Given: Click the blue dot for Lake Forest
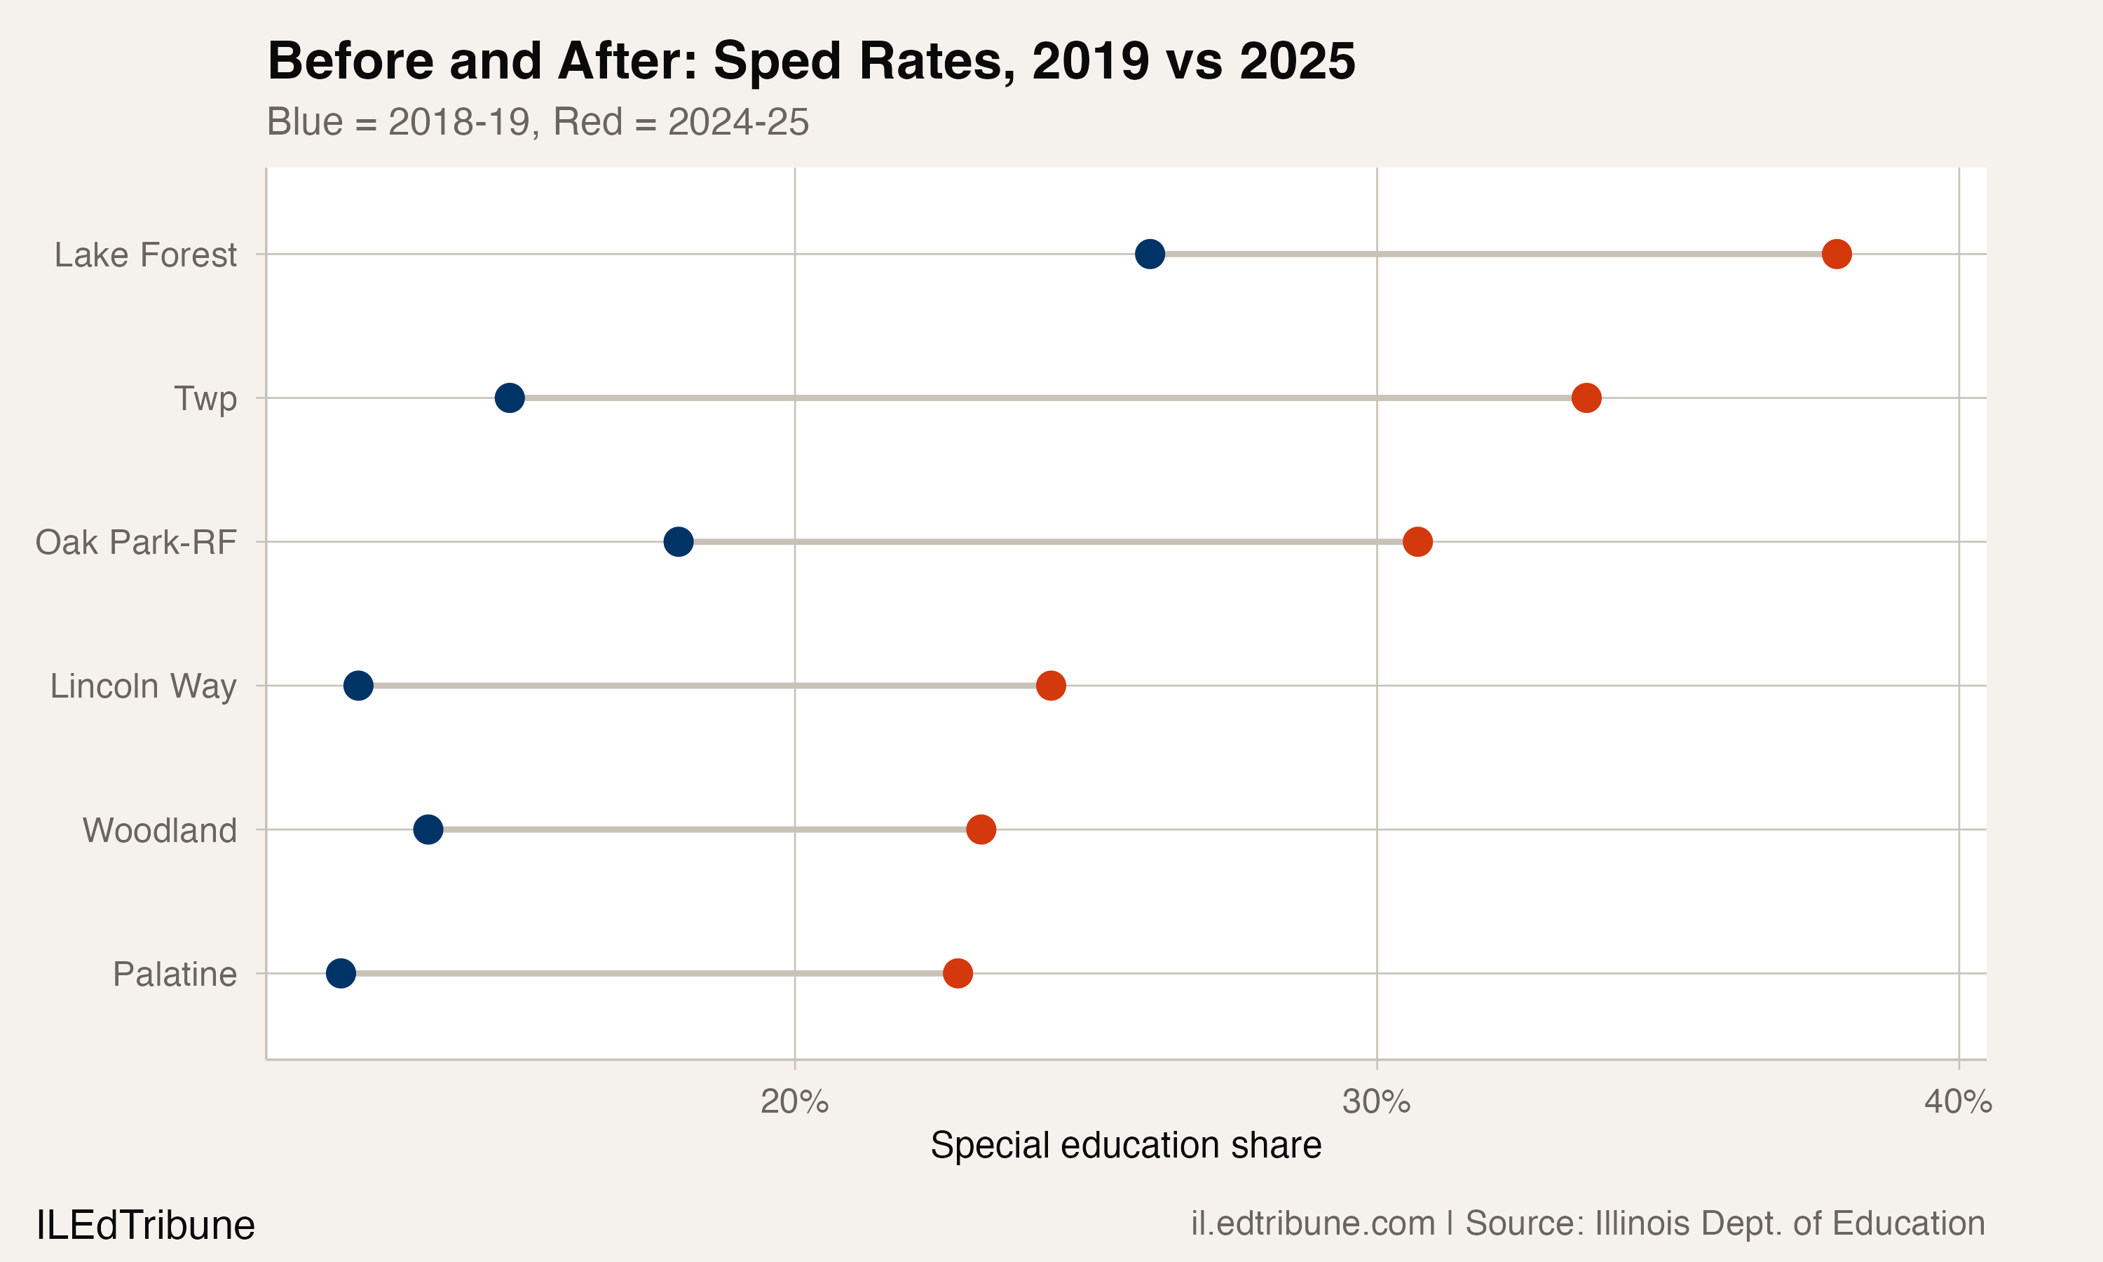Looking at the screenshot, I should click(1149, 253).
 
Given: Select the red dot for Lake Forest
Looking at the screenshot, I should click(1836, 253).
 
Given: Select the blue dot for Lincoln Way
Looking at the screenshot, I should click(358, 686).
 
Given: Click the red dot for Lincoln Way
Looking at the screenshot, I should click(1051, 686).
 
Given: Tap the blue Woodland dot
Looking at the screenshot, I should click(428, 829).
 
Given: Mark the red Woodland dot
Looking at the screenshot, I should click(981, 829).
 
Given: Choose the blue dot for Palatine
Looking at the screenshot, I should click(341, 973).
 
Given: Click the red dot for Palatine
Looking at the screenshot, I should click(957, 973).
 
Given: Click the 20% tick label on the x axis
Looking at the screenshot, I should click(794, 1102).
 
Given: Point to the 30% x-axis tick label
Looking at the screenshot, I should click(1376, 1102).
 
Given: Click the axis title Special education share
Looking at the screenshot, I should click(1125, 1146).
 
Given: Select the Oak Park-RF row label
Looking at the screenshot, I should click(136, 543).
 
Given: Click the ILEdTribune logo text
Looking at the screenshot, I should click(145, 1226).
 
